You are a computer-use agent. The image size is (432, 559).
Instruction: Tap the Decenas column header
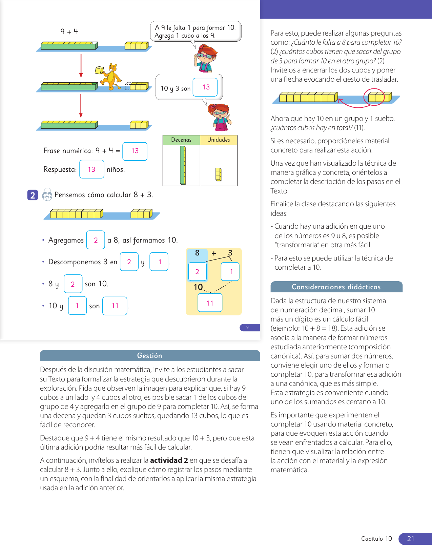[x=181, y=140]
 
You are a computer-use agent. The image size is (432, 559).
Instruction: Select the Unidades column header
[x=219, y=140]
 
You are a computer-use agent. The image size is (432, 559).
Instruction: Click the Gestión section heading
[x=150, y=356]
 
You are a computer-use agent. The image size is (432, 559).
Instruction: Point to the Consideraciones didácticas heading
[x=336, y=287]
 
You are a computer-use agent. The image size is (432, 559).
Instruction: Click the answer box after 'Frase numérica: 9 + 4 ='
[x=135, y=151]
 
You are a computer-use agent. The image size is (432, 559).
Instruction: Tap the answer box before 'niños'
[x=91, y=169]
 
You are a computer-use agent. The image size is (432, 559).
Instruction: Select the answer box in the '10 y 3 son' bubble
[x=205, y=87]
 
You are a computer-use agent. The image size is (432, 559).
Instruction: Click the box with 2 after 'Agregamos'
[x=96, y=240]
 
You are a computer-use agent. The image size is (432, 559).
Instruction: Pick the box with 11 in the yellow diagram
[x=210, y=303]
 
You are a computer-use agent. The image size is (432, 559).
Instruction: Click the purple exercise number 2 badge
[x=33, y=195]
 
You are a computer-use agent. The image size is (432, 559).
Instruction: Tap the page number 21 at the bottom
[x=411, y=539]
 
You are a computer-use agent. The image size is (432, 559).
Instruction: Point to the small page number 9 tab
[x=248, y=328]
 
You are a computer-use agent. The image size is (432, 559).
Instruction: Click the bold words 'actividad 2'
[x=169, y=460]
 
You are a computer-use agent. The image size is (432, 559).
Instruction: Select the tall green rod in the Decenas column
[x=183, y=165]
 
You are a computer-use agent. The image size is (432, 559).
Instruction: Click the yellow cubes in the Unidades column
[x=219, y=174]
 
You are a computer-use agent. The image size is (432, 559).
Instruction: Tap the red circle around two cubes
[x=374, y=97]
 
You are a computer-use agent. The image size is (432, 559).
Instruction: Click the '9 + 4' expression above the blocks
[x=69, y=32]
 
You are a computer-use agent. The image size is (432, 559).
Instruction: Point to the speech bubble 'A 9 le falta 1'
[x=196, y=32]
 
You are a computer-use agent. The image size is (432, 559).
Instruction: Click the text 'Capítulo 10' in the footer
[x=376, y=539]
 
